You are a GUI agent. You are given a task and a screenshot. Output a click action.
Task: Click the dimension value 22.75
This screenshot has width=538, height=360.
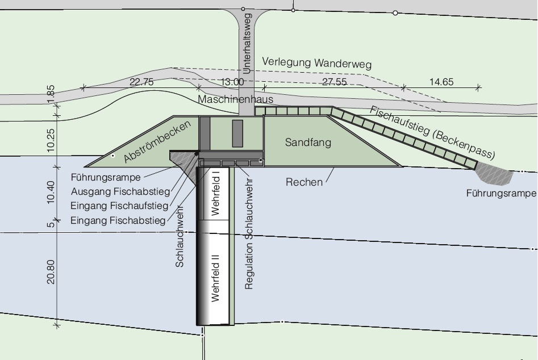(141, 82)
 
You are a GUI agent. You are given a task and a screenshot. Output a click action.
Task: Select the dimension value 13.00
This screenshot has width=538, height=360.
(232, 82)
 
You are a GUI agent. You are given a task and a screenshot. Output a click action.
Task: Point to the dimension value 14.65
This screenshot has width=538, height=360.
(441, 82)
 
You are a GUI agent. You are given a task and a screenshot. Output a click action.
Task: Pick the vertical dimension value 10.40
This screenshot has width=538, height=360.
(51, 192)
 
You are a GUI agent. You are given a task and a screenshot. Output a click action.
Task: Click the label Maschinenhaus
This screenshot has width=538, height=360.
(235, 99)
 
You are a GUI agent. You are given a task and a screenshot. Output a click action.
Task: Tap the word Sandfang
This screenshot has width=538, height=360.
(308, 143)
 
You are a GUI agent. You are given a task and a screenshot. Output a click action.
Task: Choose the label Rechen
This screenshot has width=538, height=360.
(305, 182)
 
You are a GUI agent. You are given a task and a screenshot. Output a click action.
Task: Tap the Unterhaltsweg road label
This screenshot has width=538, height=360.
(247, 44)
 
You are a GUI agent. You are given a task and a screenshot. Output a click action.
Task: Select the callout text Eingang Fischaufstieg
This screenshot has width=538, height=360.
(119, 206)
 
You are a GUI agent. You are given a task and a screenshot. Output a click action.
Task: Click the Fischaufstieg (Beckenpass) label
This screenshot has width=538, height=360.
(432, 132)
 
